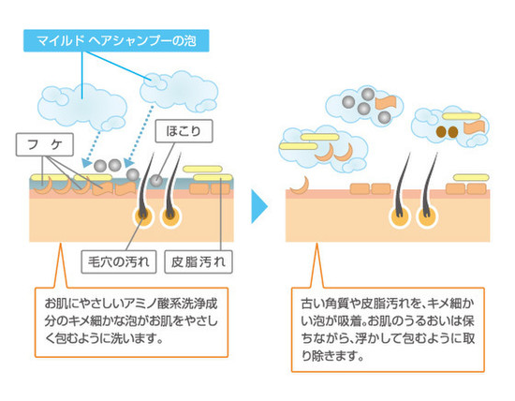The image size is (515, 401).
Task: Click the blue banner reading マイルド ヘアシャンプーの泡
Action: coord(116,41)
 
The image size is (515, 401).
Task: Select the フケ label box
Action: coord(45,144)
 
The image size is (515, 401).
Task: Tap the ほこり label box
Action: coord(184,131)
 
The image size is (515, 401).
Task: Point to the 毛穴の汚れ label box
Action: coord(119,262)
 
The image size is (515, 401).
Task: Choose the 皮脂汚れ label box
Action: coord(199,262)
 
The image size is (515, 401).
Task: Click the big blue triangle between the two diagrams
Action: coord(259,206)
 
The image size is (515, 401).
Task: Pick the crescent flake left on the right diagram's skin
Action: coord(301,186)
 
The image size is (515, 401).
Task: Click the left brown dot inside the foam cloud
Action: coord(441,132)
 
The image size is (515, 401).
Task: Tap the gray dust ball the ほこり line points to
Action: coord(156,180)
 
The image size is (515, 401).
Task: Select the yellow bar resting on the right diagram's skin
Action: coord(471,178)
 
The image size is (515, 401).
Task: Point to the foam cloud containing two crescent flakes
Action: coord(324,149)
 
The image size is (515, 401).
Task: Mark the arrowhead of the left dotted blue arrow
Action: coord(86,163)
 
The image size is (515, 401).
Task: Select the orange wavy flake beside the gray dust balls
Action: coord(386,102)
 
